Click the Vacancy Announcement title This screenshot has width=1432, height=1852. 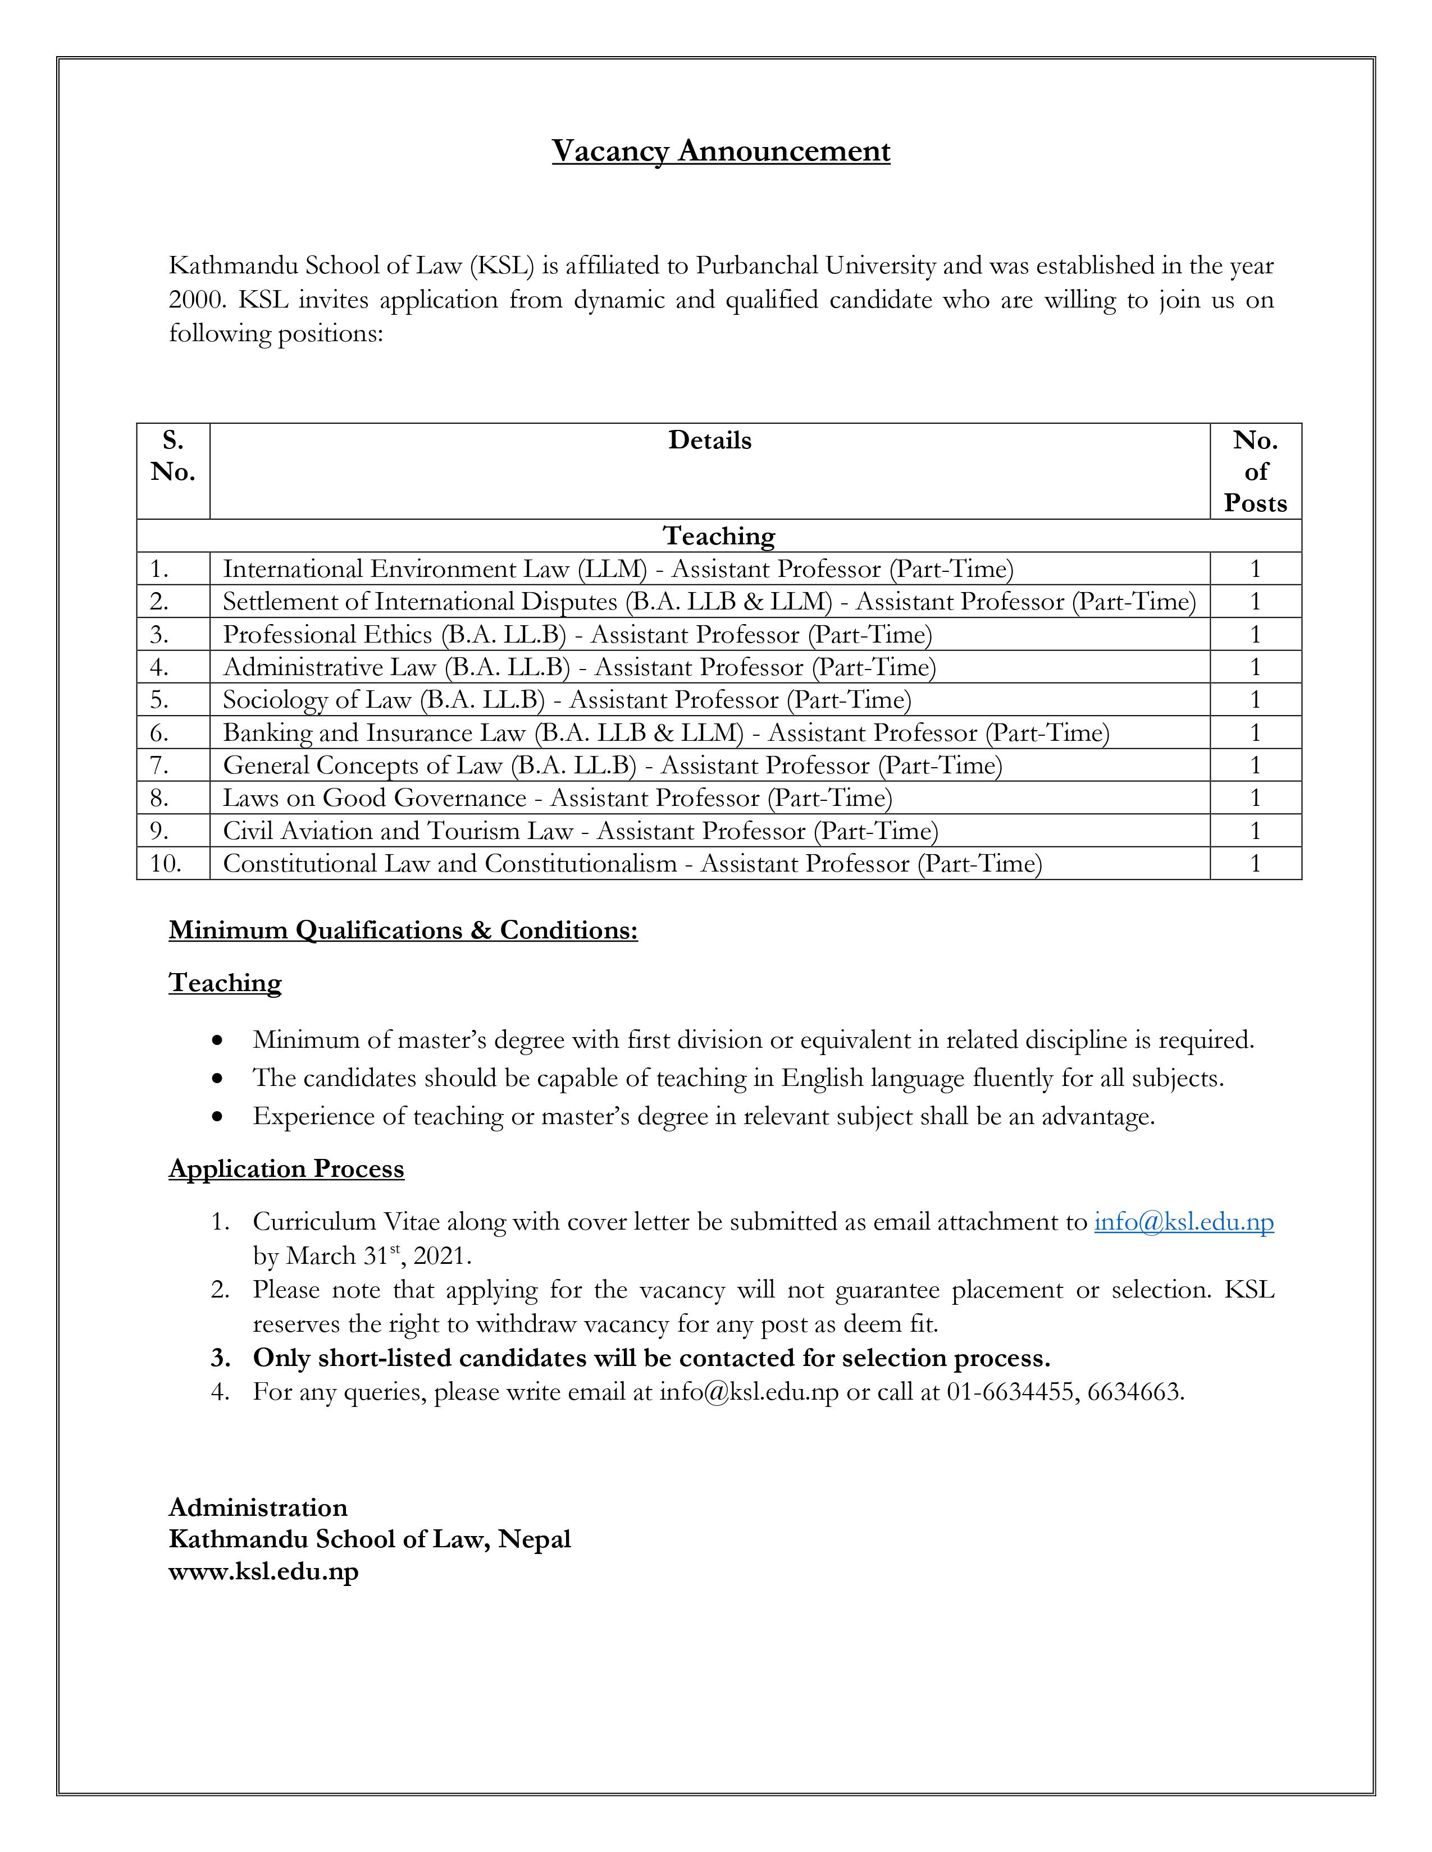(x=720, y=151)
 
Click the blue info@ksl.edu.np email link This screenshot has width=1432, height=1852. (x=1183, y=1222)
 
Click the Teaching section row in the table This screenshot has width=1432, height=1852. (x=719, y=536)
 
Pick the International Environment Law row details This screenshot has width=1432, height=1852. (x=618, y=569)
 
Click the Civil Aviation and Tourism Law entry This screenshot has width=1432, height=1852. (x=580, y=831)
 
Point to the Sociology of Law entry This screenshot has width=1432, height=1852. (x=567, y=700)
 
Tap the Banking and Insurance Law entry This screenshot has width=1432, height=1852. (x=666, y=732)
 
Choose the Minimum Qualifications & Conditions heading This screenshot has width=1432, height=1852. (x=403, y=930)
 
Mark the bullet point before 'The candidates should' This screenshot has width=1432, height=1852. (x=219, y=1079)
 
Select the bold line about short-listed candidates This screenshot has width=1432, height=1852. (x=651, y=1358)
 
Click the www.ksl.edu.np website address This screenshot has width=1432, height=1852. (x=264, y=1571)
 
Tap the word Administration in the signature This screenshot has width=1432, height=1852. (x=258, y=1507)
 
